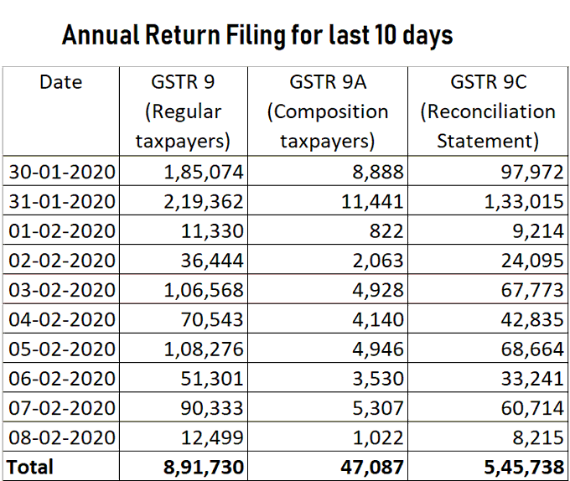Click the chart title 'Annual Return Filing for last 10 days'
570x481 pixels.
click(x=257, y=35)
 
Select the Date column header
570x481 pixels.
click(x=60, y=82)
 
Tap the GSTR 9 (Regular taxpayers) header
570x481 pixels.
click(x=183, y=111)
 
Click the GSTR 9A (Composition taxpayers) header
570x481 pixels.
click(x=327, y=111)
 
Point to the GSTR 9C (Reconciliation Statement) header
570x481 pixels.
click(x=488, y=111)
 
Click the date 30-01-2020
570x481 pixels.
click(x=63, y=173)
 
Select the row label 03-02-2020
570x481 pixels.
click(x=63, y=290)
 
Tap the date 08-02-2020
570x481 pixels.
click(x=63, y=437)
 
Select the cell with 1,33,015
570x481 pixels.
click(x=525, y=202)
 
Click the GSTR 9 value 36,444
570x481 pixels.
click(x=212, y=261)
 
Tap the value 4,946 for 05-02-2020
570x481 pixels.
click(x=381, y=349)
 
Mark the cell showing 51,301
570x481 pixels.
click(x=212, y=378)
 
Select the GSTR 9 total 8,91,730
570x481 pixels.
click(x=201, y=467)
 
